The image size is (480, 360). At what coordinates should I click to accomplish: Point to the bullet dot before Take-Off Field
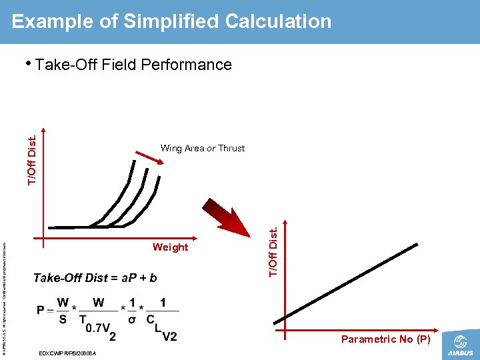(x=28, y=64)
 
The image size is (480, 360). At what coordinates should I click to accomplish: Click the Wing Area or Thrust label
(x=203, y=148)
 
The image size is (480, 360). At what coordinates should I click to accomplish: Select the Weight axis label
(x=170, y=247)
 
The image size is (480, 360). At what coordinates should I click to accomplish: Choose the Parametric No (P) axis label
(x=385, y=339)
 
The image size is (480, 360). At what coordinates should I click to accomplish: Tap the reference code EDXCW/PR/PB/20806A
(x=68, y=353)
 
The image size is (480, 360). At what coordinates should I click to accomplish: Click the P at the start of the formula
(x=41, y=311)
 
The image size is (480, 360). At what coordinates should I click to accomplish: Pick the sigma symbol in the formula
(x=132, y=319)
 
